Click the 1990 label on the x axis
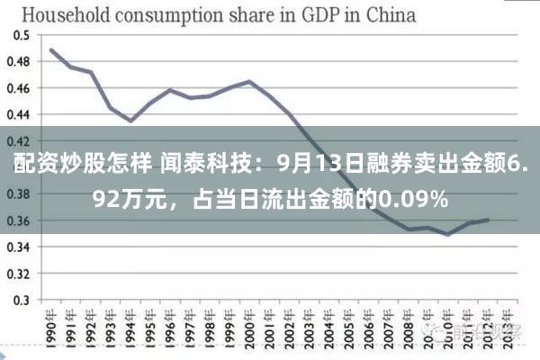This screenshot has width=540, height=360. (x=52, y=328)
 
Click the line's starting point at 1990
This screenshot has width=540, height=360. (x=51, y=49)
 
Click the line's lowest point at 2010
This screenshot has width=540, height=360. (x=447, y=235)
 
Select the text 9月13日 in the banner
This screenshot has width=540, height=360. (x=314, y=166)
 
